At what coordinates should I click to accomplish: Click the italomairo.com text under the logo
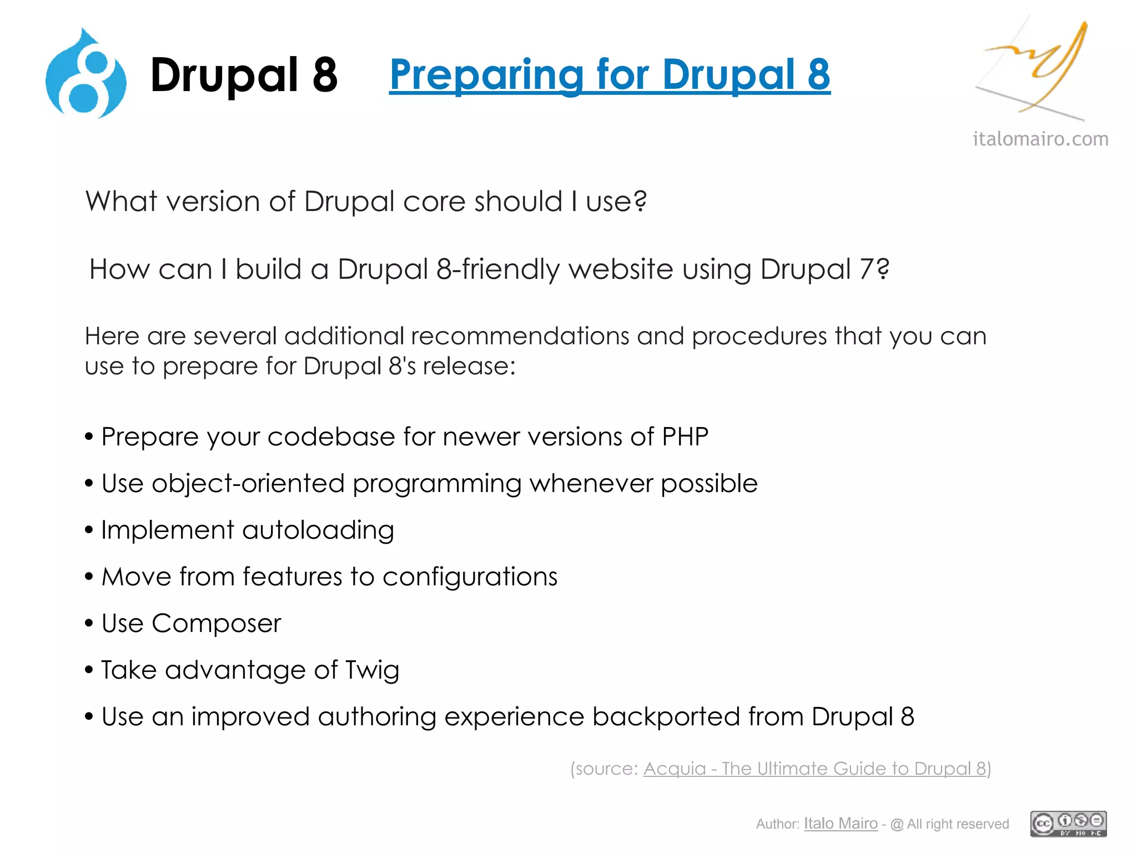coord(1040,139)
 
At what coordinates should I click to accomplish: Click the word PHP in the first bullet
coord(685,436)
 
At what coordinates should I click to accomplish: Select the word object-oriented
coord(248,484)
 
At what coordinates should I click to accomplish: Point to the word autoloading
coord(318,530)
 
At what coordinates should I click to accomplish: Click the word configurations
coord(470,576)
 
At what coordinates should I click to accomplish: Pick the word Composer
coord(216,624)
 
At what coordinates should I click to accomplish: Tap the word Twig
coord(372,670)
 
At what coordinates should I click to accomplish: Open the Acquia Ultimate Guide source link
coord(814,769)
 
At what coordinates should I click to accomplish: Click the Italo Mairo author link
coord(841,823)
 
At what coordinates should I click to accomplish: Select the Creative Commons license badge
coord(1068,823)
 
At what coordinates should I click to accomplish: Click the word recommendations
coord(520,336)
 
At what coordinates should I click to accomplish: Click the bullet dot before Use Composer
coord(89,624)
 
